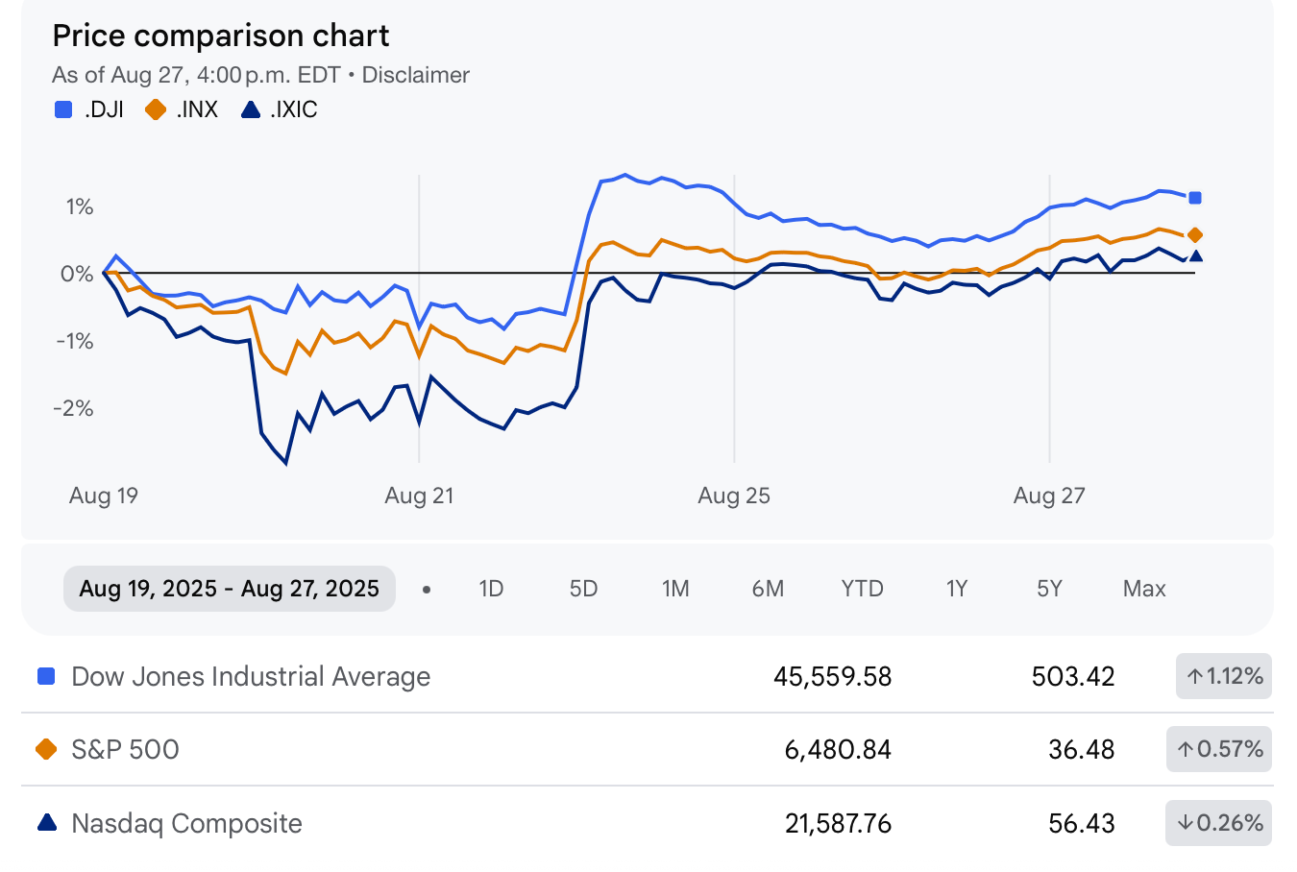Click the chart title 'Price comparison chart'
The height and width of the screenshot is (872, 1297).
220,36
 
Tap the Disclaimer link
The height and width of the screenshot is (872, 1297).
415,75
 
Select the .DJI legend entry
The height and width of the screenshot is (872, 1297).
90,109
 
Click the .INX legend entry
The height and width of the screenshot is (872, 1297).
183,109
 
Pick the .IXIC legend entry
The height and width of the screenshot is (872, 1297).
280,109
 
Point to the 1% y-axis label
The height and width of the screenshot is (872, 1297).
79,206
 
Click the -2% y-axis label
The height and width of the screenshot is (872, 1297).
74,408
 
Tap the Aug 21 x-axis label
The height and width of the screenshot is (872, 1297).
419,496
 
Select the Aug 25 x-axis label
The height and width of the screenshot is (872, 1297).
734,496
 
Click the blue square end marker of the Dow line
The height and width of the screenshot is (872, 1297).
1195,198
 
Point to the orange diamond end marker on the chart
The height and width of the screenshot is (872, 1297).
1195,235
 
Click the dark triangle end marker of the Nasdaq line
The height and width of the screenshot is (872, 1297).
1195,255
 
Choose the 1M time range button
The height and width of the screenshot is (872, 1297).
675,589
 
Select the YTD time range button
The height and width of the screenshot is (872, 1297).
862,589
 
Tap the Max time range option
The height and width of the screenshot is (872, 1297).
1144,589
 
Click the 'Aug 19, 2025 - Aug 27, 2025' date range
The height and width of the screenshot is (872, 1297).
230,589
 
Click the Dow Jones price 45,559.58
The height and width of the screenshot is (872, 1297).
832,676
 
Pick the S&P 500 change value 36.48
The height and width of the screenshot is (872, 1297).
1081,749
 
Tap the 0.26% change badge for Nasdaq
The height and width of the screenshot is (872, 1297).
1219,823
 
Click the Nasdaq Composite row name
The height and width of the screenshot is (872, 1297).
186,823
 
